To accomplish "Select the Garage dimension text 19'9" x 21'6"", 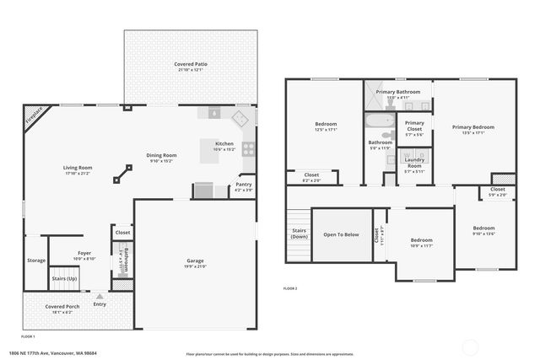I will pyautogui.click(x=195, y=266).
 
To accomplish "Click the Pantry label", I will pyautogui.click(x=244, y=184).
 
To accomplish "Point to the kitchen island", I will pyautogui.click(x=211, y=153).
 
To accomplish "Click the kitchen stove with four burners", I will pyautogui.click(x=249, y=149).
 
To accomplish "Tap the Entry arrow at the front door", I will pyautogui.click(x=100, y=296).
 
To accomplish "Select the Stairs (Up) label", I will pyautogui.click(x=65, y=277).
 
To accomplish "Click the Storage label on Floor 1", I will pyautogui.click(x=35, y=261).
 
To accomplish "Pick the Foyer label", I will pyautogui.click(x=84, y=252).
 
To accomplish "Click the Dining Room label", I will pyautogui.click(x=161, y=155).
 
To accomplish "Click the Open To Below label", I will pyautogui.click(x=341, y=234).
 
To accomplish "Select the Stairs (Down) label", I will pyautogui.click(x=299, y=233).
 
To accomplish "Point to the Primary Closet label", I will pyautogui.click(x=414, y=126).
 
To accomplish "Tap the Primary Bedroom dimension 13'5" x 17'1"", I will pyautogui.click(x=472, y=132).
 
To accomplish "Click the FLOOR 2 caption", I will pyautogui.click(x=290, y=288).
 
